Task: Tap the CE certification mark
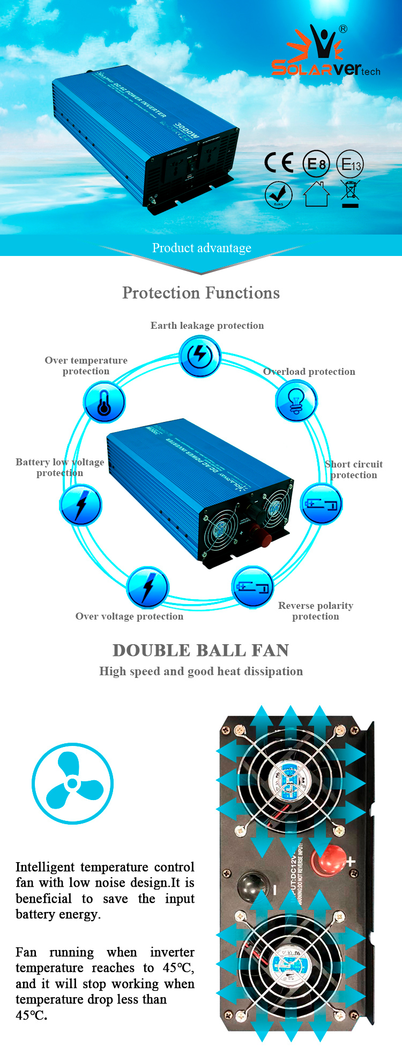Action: pyautogui.click(x=279, y=163)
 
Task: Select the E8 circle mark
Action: pyautogui.click(x=316, y=163)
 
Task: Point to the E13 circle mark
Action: pyautogui.click(x=350, y=163)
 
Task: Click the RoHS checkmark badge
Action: pyautogui.click(x=279, y=195)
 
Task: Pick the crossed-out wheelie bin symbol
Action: pyautogui.click(x=350, y=194)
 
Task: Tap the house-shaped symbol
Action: pyautogui.click(x=316, y=194)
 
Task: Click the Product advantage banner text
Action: pyautogui.click(x=202, y=248)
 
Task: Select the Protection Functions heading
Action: pyautogui.click(x=201, y=293)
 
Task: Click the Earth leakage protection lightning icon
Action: pyautogui.click(x=199, y=356)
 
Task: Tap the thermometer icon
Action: pyautogui.click(x=105, y=402)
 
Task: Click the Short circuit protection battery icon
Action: pyautogui.click(x=321, y=504)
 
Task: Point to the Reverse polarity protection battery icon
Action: pyautogui.click(x=252, y=587)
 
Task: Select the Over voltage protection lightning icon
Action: pyautogui.click(x=148, y=587)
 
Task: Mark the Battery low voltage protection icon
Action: pyautogui.click(x=80, y=504)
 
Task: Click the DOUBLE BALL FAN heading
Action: pyautogui.click(x=201, y=650)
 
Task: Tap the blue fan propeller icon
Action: pyautogui.click(x=72, y=783)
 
